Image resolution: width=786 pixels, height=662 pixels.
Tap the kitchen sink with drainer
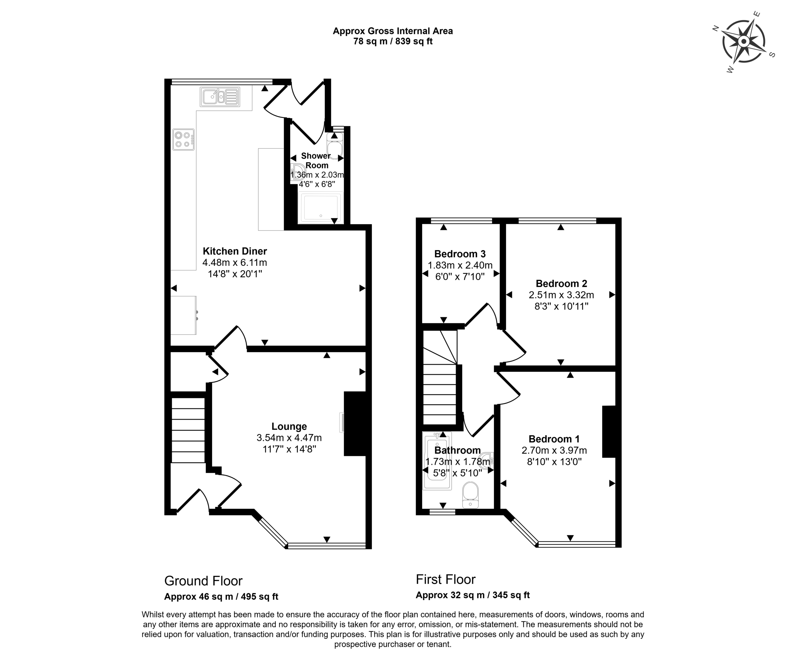(220, 97)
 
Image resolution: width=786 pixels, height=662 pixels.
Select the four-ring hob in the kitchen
(183, 139)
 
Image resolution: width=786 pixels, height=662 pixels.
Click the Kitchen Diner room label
(235, 251)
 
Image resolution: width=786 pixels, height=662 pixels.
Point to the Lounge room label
(289, 426)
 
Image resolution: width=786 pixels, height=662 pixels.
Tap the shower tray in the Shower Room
(320, 207)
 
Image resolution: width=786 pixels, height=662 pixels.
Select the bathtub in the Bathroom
(437, 461)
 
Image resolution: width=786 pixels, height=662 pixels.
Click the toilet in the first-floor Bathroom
(470, 495)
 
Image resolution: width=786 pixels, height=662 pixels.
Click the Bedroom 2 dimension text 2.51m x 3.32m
(561, 295)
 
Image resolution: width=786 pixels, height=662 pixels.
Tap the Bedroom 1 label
(554, 439)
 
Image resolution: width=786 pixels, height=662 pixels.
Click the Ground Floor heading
(203, 581)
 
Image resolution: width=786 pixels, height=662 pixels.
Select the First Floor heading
(446, 579)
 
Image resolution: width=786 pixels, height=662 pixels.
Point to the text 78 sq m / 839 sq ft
(393, 41)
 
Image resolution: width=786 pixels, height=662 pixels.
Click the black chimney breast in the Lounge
(355, 424)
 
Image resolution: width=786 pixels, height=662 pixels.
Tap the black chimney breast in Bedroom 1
(609, 432)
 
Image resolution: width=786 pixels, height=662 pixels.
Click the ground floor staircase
(188, 430)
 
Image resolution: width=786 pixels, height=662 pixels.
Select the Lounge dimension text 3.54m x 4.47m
(289, 437)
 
